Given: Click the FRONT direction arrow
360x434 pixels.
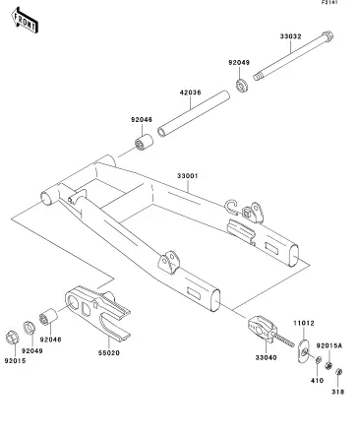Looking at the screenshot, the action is [x=25, y=21].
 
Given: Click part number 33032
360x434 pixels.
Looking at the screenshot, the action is [x=290, y=36].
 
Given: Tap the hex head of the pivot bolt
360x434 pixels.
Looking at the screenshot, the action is [x=328, y=35].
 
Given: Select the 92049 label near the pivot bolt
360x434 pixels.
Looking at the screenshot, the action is [x=239, y=62].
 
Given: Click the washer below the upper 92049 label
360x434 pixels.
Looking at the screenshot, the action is [x=242, y=85].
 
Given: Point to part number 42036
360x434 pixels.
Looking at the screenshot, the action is [x=191, y=93].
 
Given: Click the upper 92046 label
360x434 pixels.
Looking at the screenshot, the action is [x=142, y=120].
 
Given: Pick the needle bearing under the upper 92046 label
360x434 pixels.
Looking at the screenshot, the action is [x=144, y=142].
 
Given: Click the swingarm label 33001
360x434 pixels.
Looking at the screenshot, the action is [x=188, y=176].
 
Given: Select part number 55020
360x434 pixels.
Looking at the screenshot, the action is [x=109, y=353].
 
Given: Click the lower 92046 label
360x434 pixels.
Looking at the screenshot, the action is [x=51, y=340].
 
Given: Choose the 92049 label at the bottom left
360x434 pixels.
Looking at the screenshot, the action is [x=32, y=350].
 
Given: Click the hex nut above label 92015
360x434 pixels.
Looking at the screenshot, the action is [x=13, y=338].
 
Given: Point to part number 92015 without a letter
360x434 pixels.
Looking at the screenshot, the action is [x=15, y=361].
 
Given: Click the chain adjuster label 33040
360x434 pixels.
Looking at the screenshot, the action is [x=266, y=357].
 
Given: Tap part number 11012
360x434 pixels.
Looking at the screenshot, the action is [x=304, y=323].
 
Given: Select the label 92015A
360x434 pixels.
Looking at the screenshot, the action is [x=330, y=345].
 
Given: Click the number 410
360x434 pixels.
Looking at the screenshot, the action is [x=317, y=381].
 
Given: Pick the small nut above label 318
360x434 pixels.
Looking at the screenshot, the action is [x=339, y=372].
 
